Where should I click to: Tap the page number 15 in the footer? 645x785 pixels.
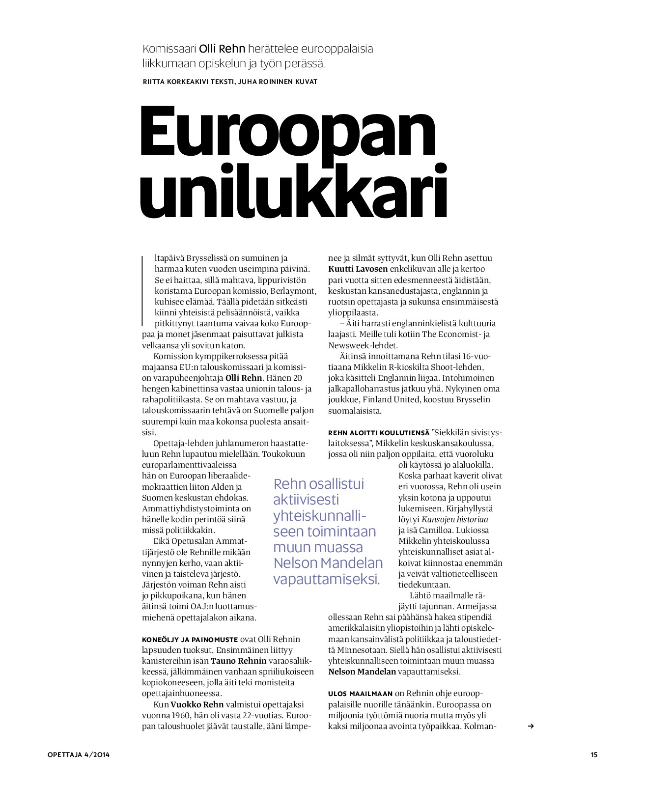click(x=594, y=755)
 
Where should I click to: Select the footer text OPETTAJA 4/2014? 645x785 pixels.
click(x=79, y=755)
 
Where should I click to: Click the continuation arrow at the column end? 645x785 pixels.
click(x=530, y=726)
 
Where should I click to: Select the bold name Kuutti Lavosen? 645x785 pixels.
click(x=358, y=269)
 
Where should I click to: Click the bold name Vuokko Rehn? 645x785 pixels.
click(x=197, y=704)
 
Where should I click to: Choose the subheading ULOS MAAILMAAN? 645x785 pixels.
click(x=360, y=694)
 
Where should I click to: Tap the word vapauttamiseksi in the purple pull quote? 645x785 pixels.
click(x=326, y=579)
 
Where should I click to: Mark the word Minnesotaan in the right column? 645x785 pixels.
click(x=361, y=650)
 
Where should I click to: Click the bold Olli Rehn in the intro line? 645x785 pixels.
click(x=222, y=49)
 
